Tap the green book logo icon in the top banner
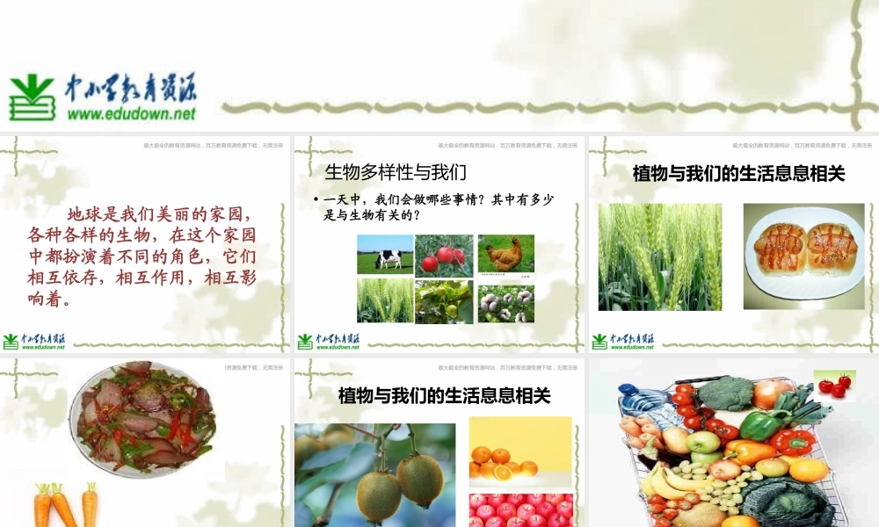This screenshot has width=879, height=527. point(32,97)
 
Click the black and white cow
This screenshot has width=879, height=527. point(388,258)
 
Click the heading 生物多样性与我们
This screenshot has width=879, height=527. point(395,171)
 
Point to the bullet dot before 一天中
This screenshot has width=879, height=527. point(316,201)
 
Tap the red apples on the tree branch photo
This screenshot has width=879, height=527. point(444,256)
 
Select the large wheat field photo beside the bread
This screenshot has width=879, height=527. point(659,256)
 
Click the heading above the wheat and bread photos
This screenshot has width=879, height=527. point(738,174)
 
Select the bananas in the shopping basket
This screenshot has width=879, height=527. point(665,482)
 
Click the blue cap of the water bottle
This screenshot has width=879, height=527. point(626,392)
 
